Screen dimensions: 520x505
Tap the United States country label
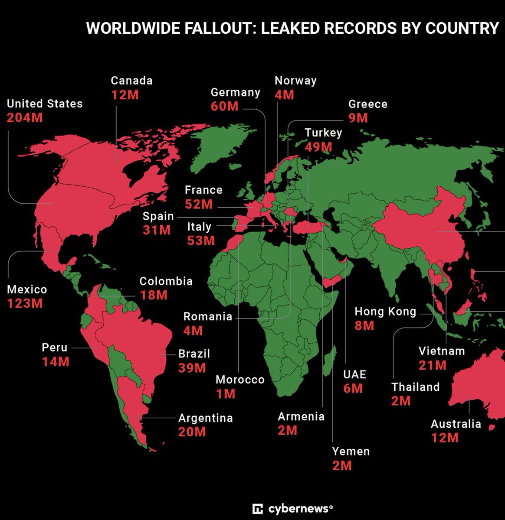tap(45, 104)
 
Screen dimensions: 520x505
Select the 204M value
tap(25, 117)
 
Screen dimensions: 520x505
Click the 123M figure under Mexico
tap(25, 303)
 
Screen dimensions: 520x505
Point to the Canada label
tap(131, 81)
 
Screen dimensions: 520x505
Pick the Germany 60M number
tap(225, 106)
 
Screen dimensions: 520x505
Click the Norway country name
tap(295, 81)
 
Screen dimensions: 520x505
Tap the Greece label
tap(368, 104)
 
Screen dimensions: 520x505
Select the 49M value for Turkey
tap(318, 147)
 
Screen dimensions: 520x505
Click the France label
tap(203, 190)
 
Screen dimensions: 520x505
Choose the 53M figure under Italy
tap(201, 240)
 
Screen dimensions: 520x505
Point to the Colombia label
tap(166, 281)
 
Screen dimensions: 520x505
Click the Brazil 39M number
tap(192, 368)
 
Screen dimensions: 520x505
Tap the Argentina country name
tap(206, 418)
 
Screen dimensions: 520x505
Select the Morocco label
tap(240, 380)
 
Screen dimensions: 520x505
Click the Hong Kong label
tap(385, 312)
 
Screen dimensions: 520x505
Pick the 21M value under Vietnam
tap(433, 365)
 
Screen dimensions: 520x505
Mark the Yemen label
tap(351, 452)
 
